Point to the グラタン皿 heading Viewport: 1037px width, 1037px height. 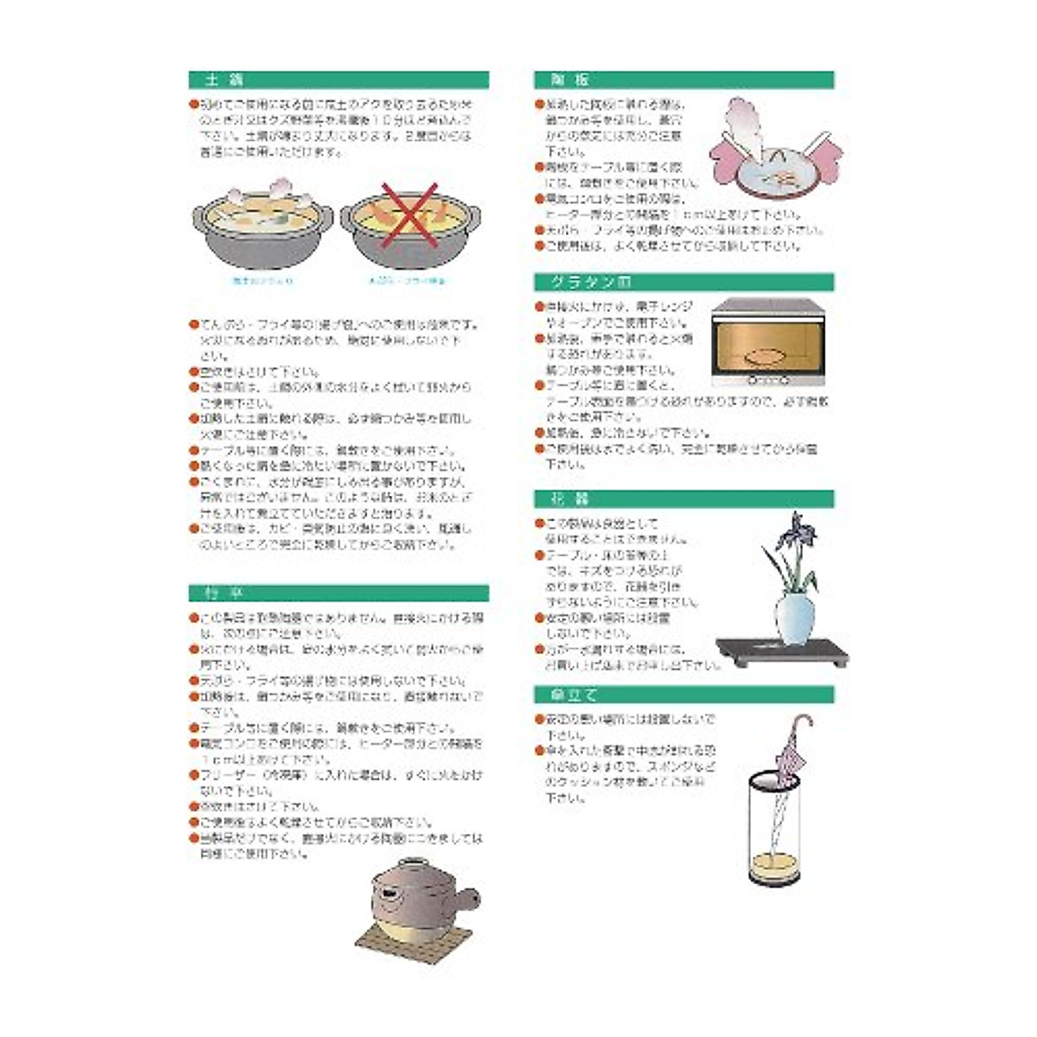tap(591, 283)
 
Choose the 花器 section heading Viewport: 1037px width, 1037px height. tap(563, 499)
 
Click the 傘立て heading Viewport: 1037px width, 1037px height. tap(567, 695)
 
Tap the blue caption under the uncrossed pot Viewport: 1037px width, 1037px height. tap(262, 281)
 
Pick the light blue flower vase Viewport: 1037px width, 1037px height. tap(794, 614)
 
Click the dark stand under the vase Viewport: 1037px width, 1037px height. tap(782, 649)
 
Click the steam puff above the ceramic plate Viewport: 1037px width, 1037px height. tap(748, 117)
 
